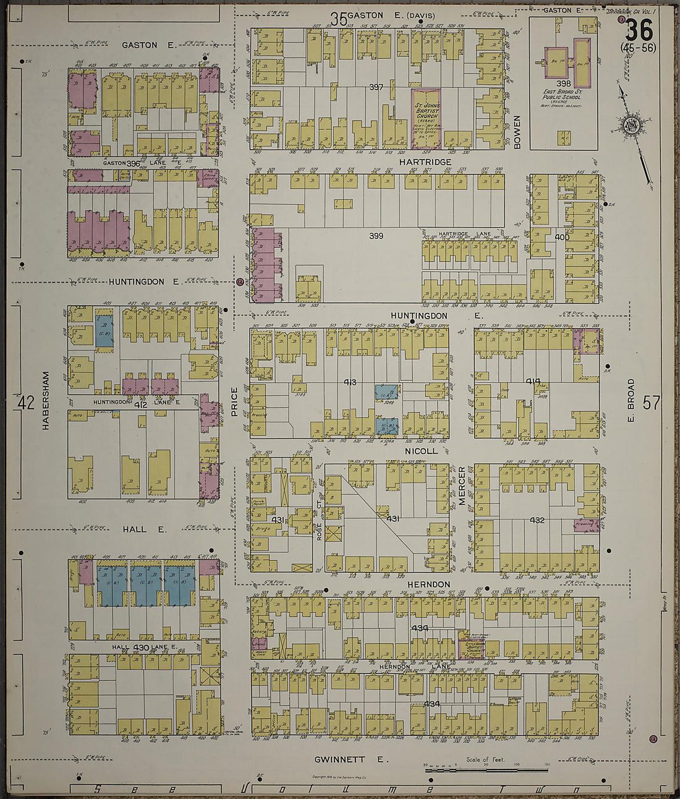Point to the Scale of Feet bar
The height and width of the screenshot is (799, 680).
click(x=486, y=770)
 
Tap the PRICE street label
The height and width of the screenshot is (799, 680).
click(x=234, y=400)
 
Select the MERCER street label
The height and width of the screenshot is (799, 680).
click(x=462, y=486)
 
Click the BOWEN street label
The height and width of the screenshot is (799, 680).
click(x=517, y=131)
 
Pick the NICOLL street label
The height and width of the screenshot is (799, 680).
click(x=421, y=451)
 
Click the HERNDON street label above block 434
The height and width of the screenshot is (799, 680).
click(x=428, y=584)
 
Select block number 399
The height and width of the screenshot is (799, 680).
click(x=376, y=236)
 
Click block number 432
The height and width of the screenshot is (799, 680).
click(x=537, y=520)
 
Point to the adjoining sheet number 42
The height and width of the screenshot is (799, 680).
click(x=26, y=403)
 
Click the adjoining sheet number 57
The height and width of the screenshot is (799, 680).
click(x=651, y=403)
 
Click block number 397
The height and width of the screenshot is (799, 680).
click(x=376, y=87)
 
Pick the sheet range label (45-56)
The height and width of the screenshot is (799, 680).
click(x=639, y=48)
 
